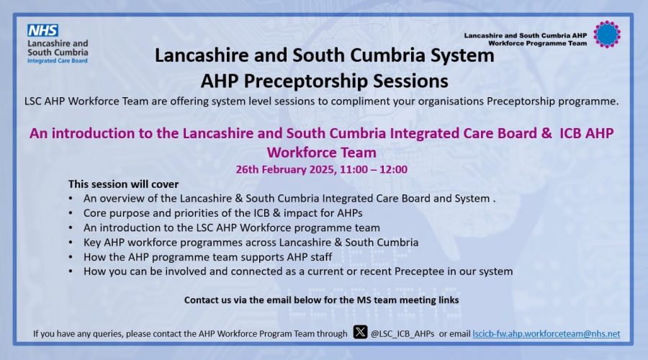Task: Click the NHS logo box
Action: [x=42, y=30]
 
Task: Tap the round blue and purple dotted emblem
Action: [x=607, y=35]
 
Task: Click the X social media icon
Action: [x=361, y=332]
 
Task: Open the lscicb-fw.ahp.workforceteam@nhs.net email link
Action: [x=546, y=333]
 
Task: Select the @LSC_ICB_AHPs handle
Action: [x=402, y=334]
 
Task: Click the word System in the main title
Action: [x=462, y=55]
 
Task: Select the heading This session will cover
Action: [x=124, y=184]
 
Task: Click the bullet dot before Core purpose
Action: [x=71, y=213]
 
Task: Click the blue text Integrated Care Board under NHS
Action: [x=58, y=60]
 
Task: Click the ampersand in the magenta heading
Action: [x=546, y=133]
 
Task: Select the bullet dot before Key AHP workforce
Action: [x=71, y=243]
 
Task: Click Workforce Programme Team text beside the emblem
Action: [x=537, y=43]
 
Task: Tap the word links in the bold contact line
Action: [x=448, y=300]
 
